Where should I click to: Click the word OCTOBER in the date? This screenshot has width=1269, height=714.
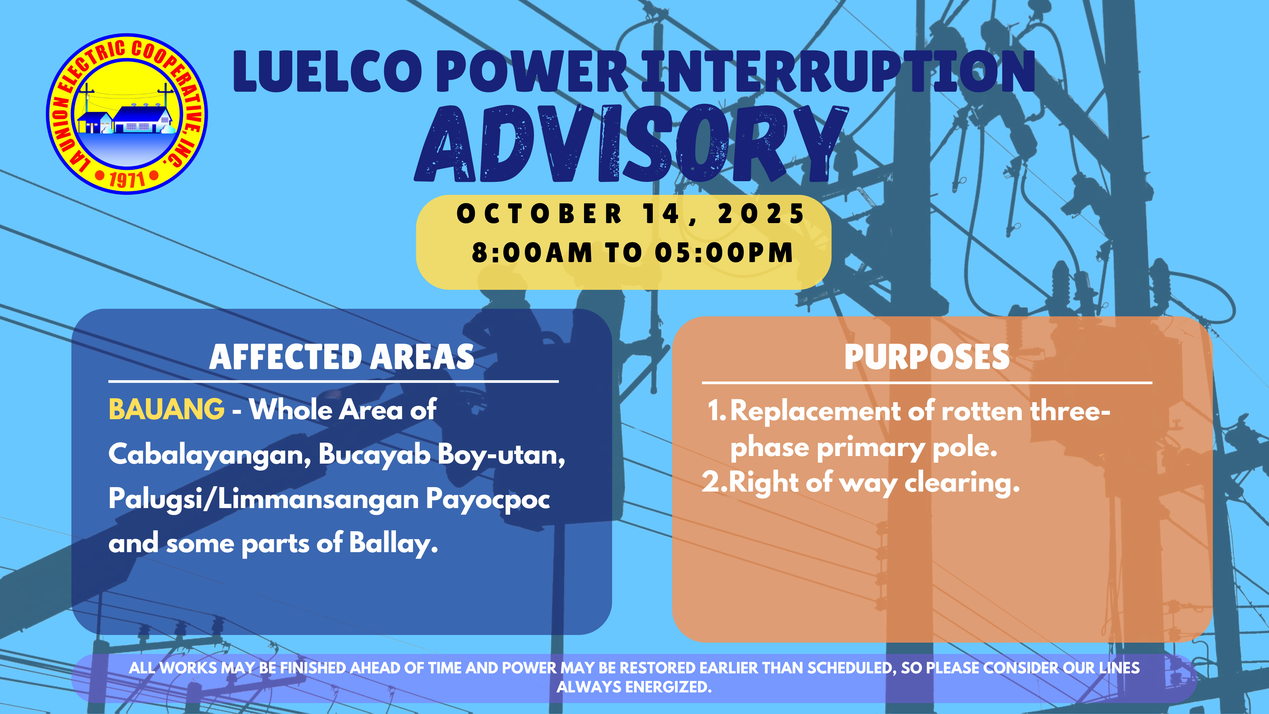[539, 214]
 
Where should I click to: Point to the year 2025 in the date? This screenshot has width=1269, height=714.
[761, 214]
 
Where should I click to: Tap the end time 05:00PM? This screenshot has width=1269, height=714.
[724, 253]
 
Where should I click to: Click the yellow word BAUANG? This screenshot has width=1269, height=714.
[166, 409]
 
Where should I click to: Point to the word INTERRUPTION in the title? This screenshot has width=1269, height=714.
[838, 72]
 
